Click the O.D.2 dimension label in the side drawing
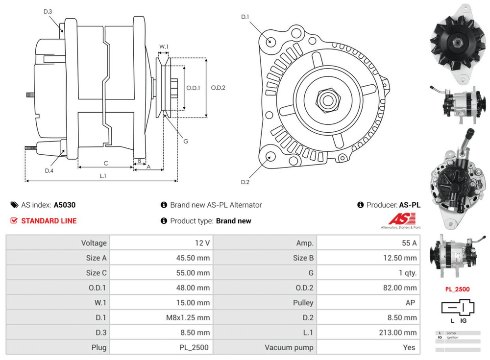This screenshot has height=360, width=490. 218,88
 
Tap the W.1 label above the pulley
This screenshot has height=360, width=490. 164,47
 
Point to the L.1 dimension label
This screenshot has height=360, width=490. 103,175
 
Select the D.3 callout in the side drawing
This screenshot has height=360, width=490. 48,11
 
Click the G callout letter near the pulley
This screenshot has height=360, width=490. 186,142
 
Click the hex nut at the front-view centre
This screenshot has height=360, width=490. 326,100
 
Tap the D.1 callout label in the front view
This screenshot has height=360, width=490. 245,17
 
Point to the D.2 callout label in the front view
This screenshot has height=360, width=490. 245,182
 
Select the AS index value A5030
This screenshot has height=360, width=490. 65,205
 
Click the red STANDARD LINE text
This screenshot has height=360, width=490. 49,221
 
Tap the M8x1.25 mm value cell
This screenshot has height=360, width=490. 188,318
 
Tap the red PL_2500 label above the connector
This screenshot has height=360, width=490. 457,289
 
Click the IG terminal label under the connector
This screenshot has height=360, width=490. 463,321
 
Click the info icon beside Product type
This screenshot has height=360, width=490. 164,221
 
